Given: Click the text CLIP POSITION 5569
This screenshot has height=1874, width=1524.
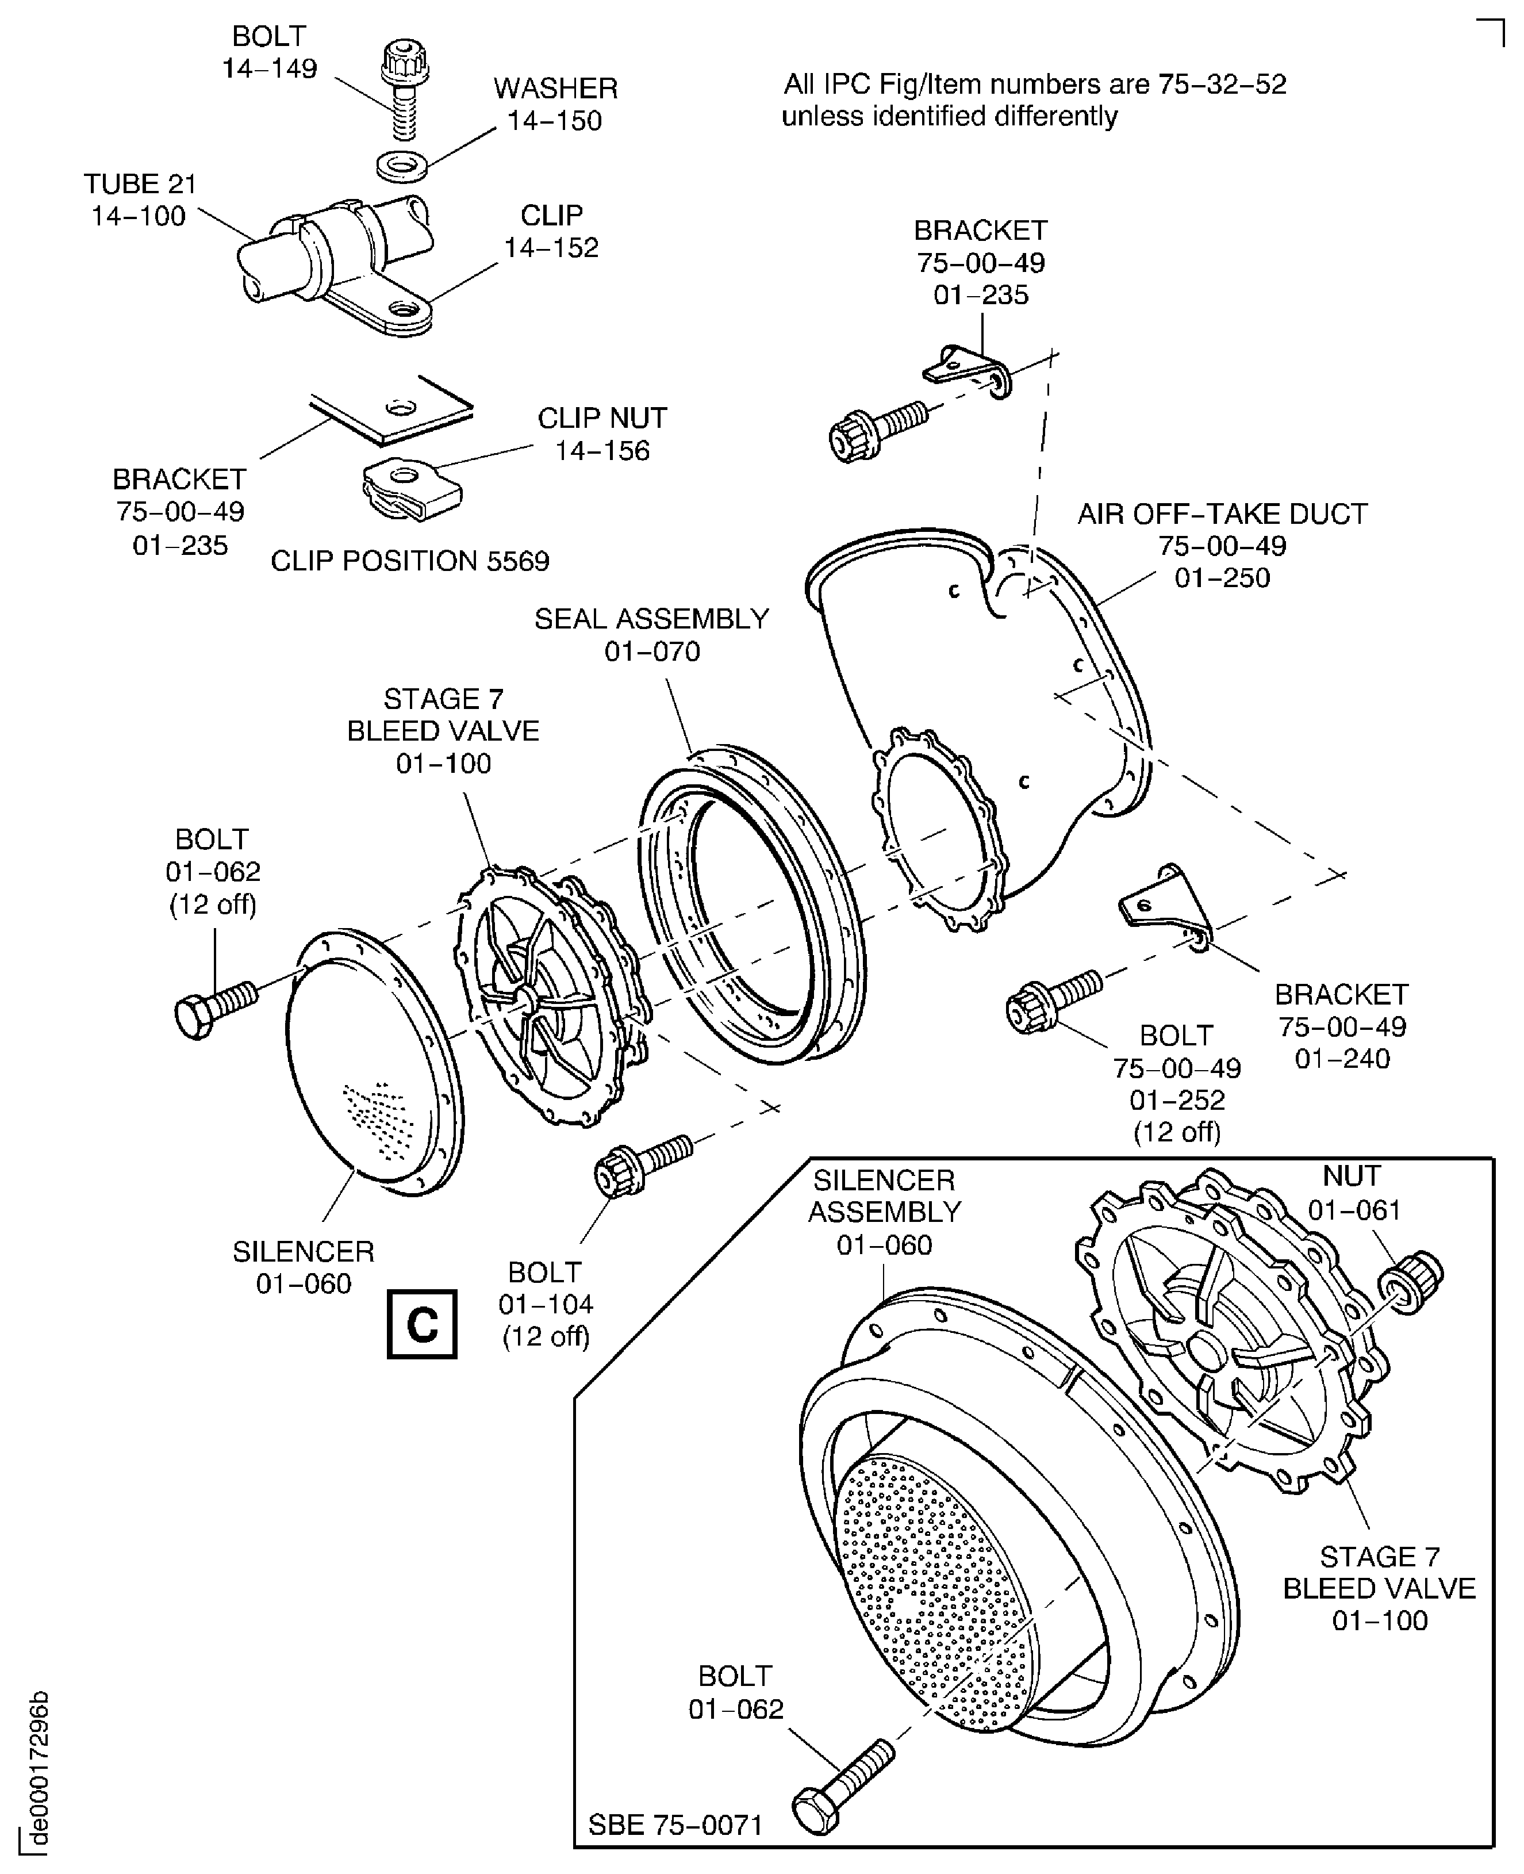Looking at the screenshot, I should [409, 561].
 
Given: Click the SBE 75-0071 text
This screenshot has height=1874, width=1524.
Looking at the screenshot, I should [674, 1825].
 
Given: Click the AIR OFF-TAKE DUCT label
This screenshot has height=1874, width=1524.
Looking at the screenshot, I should [1222, 513].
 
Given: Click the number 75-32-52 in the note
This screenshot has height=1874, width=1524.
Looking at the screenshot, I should [1222, 85].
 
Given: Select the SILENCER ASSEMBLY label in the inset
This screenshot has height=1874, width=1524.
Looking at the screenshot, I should [884, 1196].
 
